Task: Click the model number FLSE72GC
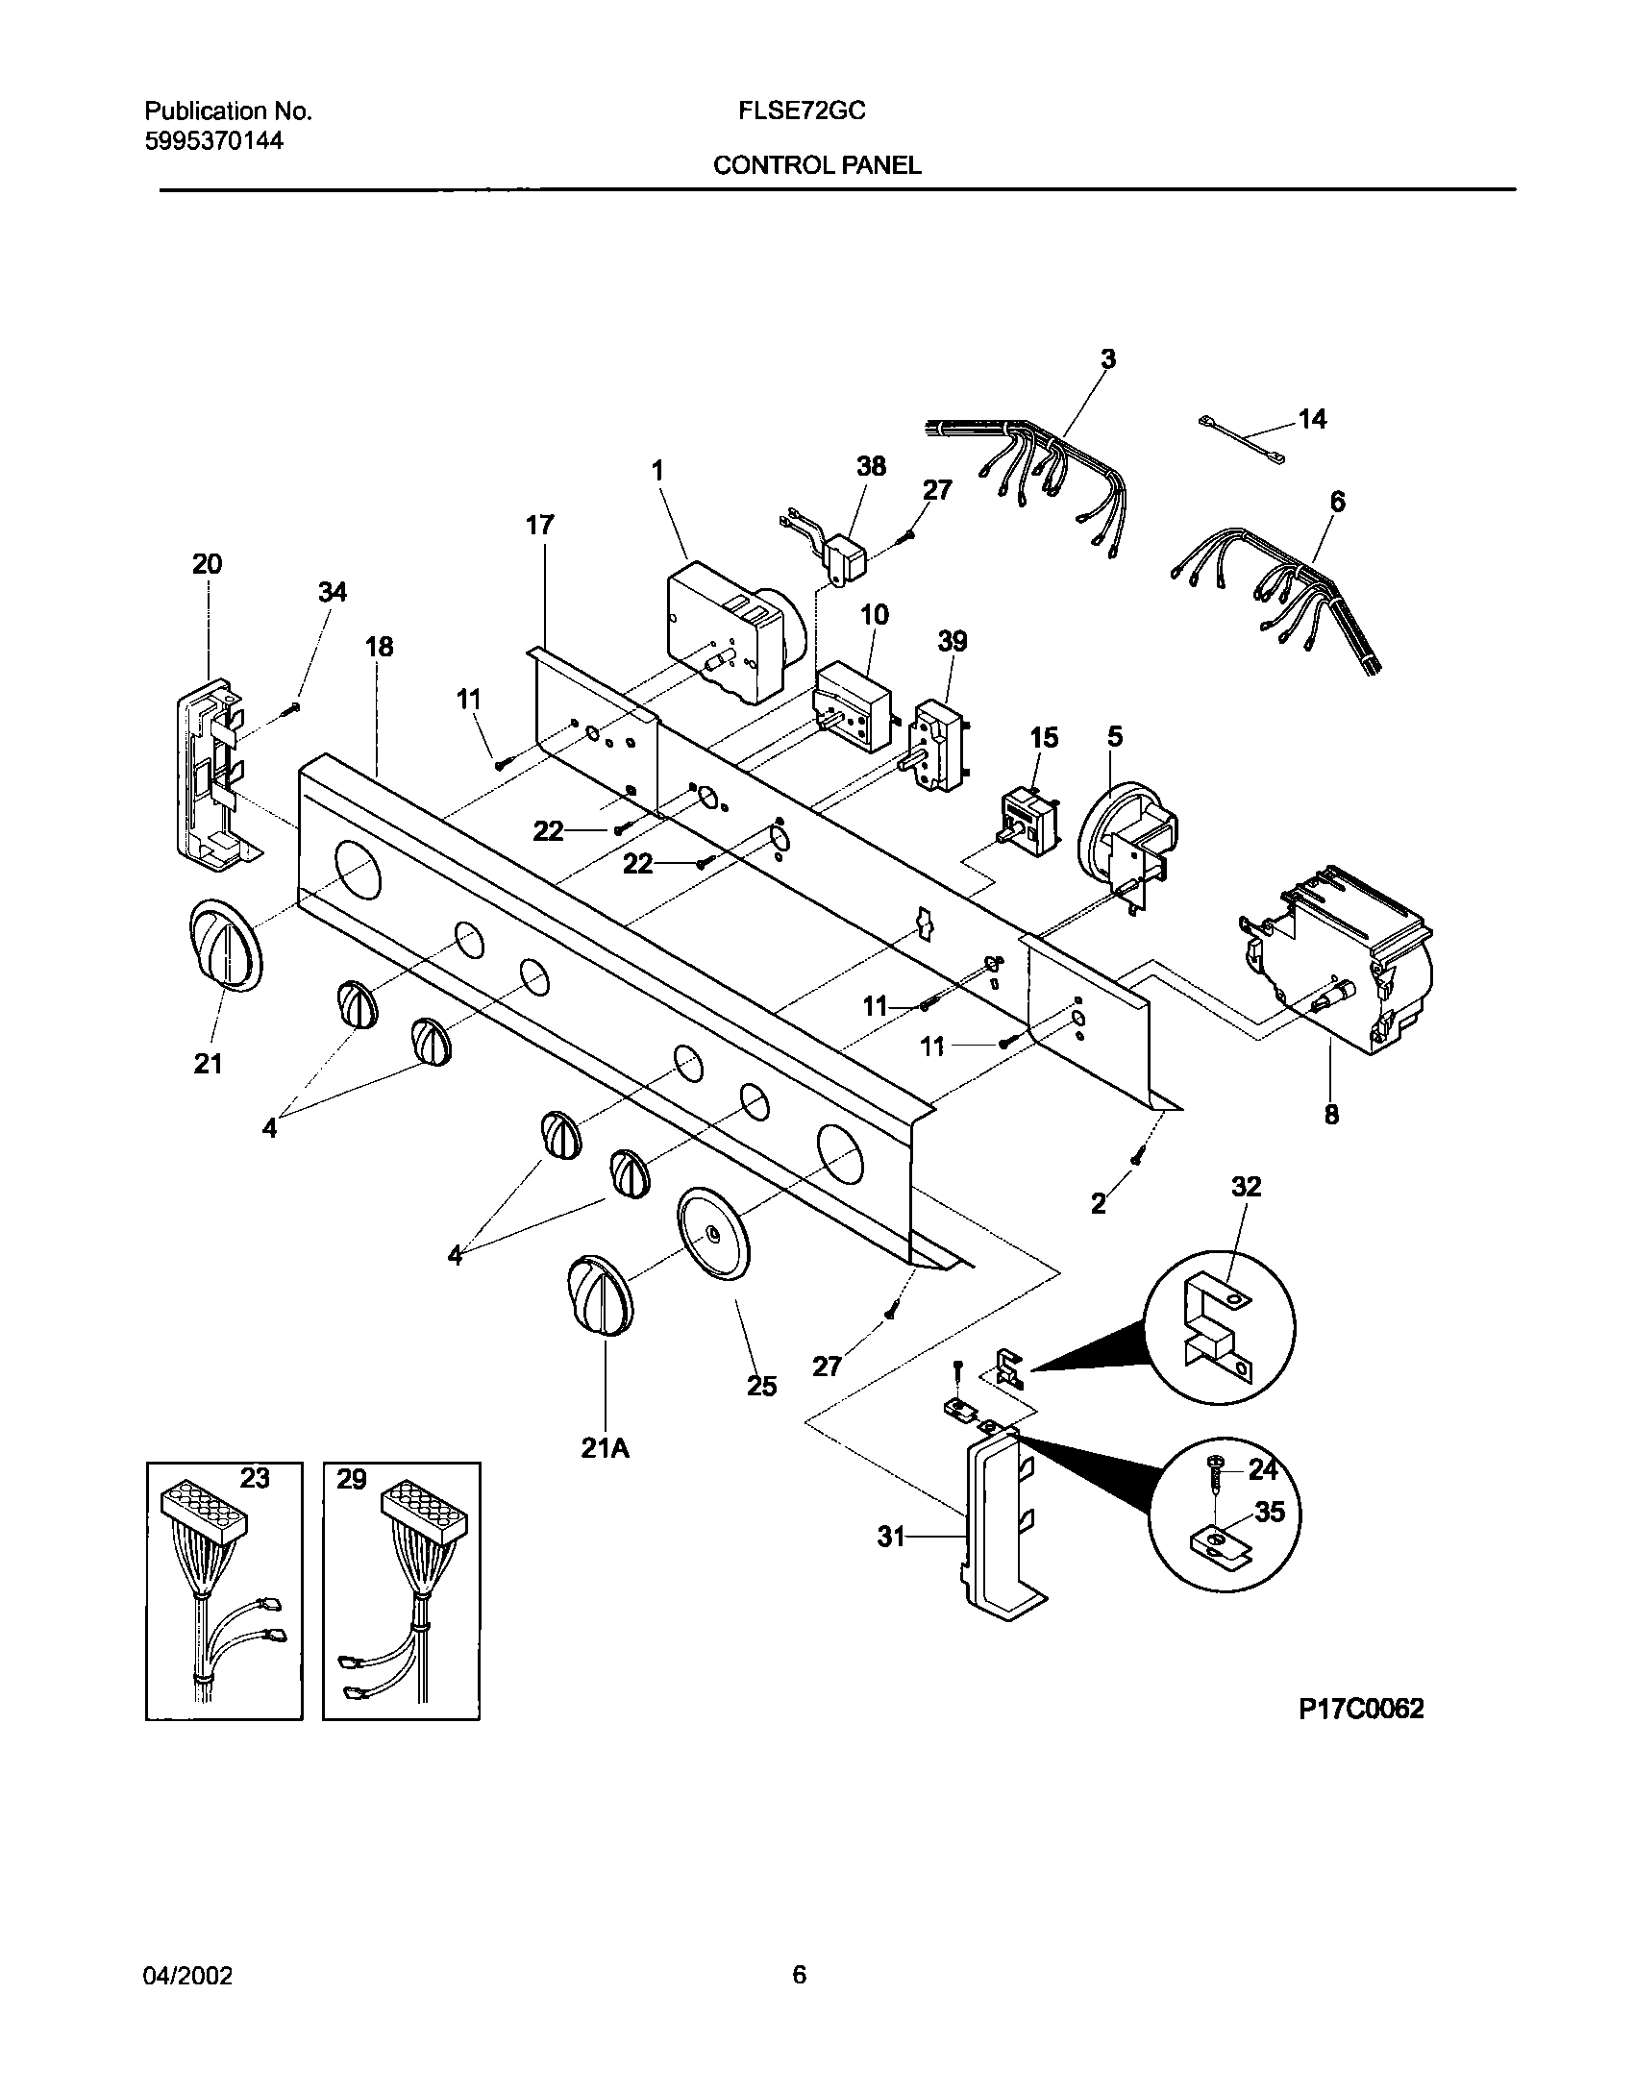pyautogui.click(x=802, y=111)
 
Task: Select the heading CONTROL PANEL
pyautogui.click(x=817, y=165)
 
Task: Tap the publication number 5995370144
pyautogui.click(x=213, y=141)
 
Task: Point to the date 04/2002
pyautogui.click(x=188, y=1977)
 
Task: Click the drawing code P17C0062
pyautogui.click(x=1361, y=1709)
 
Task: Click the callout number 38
pyautogui.click(x=871, y=467)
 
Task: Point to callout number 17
pyautogui.click(x=540, y=525)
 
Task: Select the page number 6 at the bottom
pyautogui.click(x=799, y=1976)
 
